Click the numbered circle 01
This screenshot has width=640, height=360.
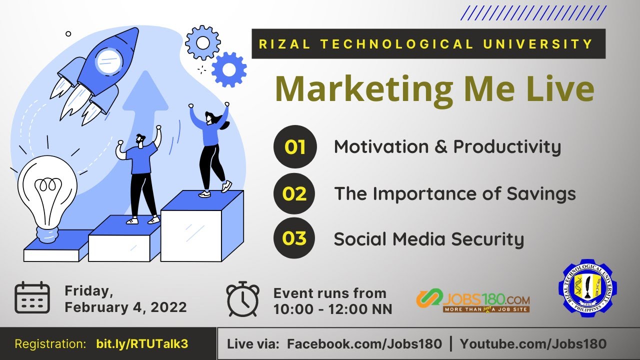click(295, 146)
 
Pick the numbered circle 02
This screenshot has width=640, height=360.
click(295, 193)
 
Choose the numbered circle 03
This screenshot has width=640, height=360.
click(295, 238)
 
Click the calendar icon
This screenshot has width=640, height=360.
click(32, 297)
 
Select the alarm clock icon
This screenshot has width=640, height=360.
click(243, 299)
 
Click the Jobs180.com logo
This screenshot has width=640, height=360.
click(473, 300)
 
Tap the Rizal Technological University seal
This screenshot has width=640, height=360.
click(587, 288)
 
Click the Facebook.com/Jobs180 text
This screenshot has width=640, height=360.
click(364, 344)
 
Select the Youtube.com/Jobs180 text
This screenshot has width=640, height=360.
click(533, 344)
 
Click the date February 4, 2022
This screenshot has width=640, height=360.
click(125, 307)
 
